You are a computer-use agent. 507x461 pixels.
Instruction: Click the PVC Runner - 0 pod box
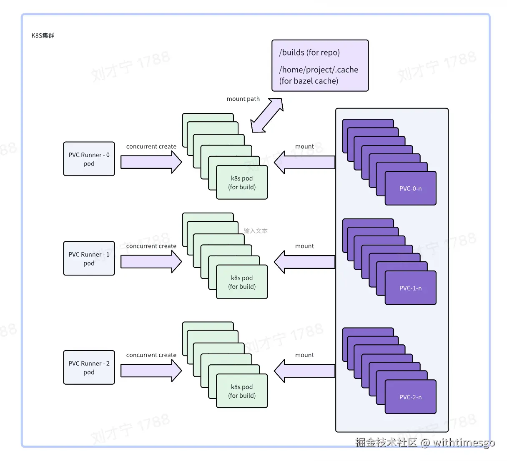click(x=89, y=159)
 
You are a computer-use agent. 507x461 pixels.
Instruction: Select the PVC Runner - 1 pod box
click(x=89, y=258)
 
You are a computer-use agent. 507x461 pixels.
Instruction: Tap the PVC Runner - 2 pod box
click(x=89, y=367)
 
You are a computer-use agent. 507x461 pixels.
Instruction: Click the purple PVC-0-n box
click(x=410, y=188)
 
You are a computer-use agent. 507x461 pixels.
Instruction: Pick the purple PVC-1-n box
click(x=410, y=288)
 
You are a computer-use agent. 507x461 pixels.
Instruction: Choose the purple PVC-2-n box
click(x=410, y=397)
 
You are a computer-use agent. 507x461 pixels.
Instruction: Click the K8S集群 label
click(x=43, y=35)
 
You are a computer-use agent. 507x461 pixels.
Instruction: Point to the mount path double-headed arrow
click(x=267, y=115)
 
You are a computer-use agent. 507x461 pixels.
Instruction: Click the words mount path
click(x=243, y=99)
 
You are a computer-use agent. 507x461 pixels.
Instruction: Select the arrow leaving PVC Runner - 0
click(x=151, y=162)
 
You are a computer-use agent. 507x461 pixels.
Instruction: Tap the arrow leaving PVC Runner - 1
click(x=151, y=261)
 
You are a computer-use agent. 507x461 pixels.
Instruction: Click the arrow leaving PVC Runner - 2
click(x=151, y=371)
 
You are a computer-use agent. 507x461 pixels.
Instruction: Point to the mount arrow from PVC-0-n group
click(x=304, y=162)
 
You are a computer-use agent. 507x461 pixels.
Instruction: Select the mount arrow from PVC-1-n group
click(x=304, y=262)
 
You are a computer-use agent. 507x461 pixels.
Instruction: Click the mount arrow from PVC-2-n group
click(x=304, y=371)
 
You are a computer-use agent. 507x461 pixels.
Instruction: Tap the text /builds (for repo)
click(x=309, y=53)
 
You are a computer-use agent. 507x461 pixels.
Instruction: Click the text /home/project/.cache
click(x=319, y=70)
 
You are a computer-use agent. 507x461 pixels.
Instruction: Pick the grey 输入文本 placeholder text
click(x=256, y=230)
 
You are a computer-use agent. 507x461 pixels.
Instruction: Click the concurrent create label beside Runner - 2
click(x=151, y=355)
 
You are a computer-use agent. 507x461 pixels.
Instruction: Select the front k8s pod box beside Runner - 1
click(x=242, y=282)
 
